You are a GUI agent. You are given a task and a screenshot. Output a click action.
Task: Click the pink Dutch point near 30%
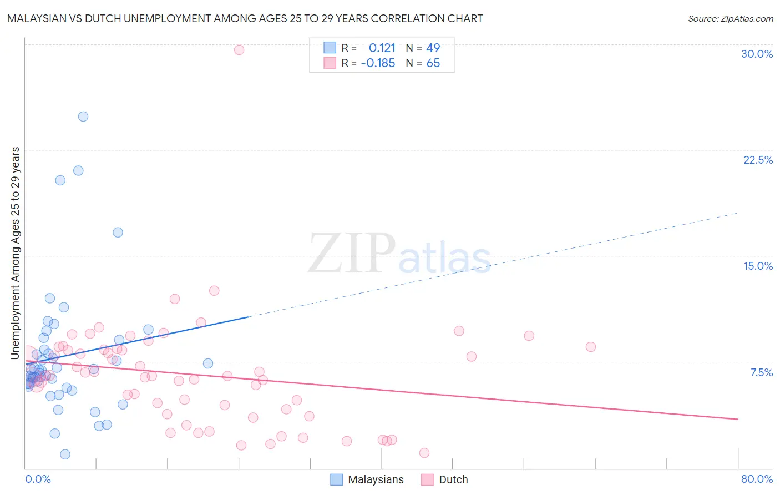coord(239,50)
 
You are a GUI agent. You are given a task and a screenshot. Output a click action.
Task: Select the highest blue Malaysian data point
coord(83,117)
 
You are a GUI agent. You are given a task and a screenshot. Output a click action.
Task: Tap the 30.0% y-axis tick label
coord(757,54)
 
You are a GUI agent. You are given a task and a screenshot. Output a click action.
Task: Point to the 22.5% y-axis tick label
coord(758,160)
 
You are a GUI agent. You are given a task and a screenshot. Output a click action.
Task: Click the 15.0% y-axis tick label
coord(758,266)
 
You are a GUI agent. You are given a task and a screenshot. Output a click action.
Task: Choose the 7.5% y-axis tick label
coord(761,372)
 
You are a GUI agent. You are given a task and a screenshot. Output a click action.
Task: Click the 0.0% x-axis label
coord(38,479)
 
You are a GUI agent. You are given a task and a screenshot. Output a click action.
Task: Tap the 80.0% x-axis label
coord(757,479)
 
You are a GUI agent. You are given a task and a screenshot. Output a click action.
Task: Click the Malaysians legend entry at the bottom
coord(376,480)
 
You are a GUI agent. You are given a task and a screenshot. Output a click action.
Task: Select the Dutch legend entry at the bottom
coord(453,480)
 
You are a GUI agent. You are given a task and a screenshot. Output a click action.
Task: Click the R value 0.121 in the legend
coord(382,48)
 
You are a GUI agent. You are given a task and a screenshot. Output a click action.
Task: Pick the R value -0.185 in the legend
coord(378,63)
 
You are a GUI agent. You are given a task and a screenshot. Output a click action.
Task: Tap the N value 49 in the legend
coord(433,48)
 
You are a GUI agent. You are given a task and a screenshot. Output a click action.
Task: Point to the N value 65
coord(433,63)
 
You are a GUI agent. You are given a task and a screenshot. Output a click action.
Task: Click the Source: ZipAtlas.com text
coord(730,19)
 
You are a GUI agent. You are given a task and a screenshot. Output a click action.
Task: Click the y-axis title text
coord(16,253)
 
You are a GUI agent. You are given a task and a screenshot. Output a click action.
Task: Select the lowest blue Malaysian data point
coord(65,454)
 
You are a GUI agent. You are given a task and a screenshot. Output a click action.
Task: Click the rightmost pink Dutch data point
coord(591,347)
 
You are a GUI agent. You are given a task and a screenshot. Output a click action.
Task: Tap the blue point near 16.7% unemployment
coord(118,233)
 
